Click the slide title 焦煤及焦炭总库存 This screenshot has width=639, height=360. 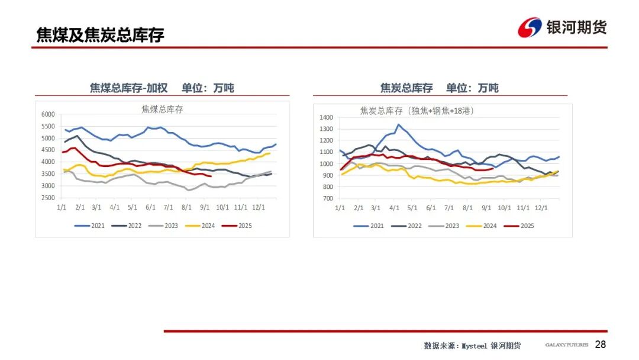[100, 35]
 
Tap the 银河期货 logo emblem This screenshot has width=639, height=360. [530, 27]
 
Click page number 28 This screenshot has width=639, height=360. [601, 345]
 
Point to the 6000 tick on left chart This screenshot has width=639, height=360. [48, 114]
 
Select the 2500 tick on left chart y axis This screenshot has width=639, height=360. [48, 198]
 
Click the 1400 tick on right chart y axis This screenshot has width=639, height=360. [327, 117]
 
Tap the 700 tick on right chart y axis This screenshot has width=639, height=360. [328, 198]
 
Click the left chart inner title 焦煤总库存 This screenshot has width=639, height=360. [162, 108]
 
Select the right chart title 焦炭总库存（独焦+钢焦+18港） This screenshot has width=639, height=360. [417, 111]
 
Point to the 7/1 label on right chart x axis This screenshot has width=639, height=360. [448, 208]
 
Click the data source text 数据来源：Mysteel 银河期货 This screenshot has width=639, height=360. [472, 345]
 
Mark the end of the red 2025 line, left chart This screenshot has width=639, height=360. [212, 176]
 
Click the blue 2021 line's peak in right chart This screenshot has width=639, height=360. [399, 124]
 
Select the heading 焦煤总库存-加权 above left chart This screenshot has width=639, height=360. [128, 88]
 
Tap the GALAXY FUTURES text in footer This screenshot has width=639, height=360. [566, 345]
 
